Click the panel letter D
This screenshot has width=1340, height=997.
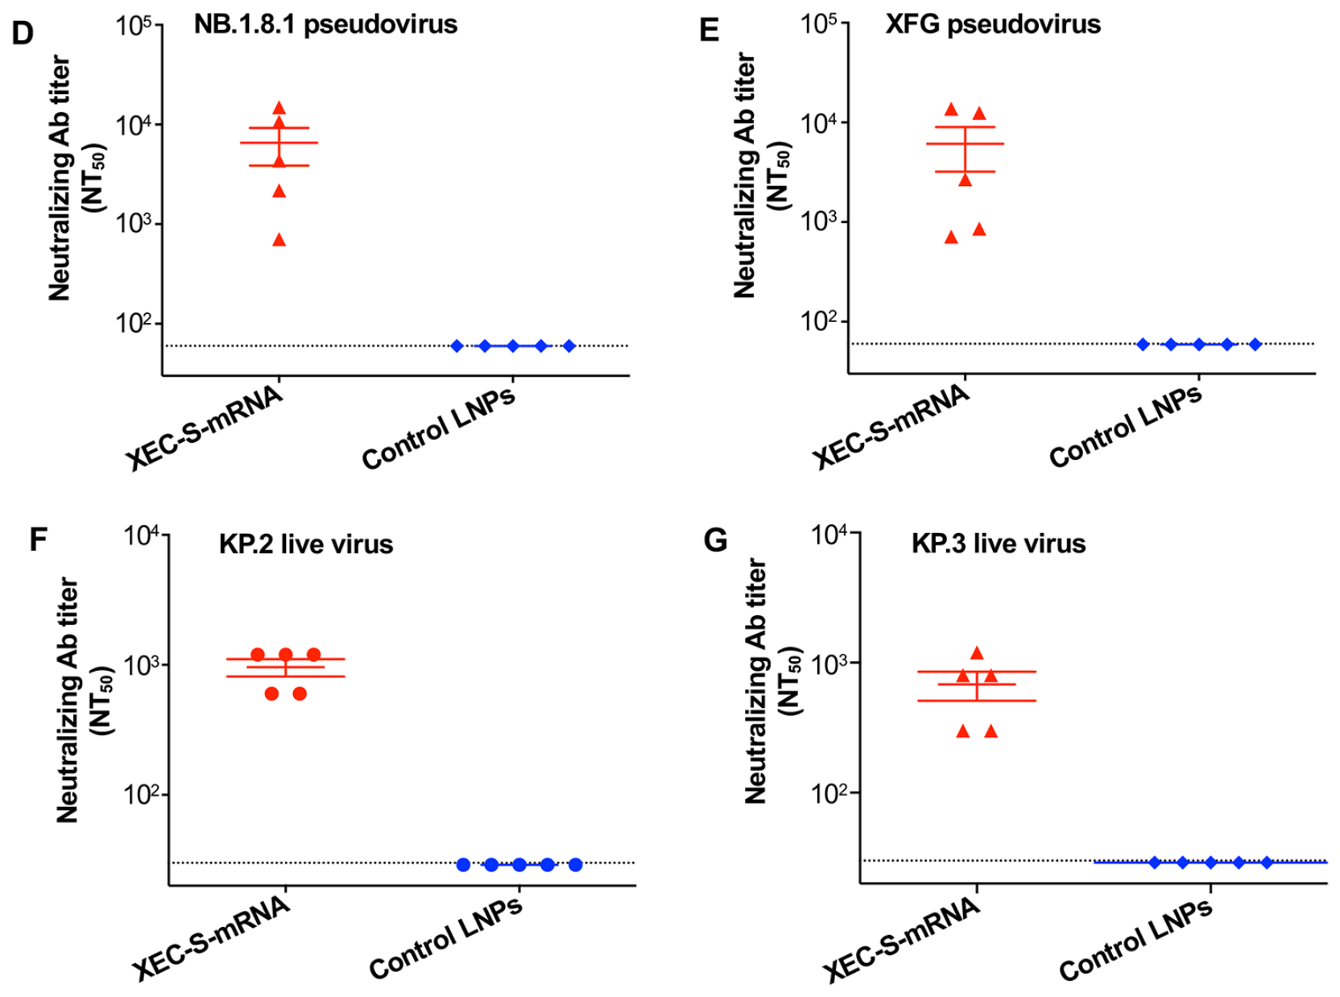click(x=23, y=33)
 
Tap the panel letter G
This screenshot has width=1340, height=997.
click(x=715, y=540)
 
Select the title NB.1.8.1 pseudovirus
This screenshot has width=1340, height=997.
click(x=325, y=25)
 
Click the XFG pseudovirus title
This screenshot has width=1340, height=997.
click(x=993, y=25)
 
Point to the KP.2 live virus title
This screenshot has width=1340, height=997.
click(x=306, y=544)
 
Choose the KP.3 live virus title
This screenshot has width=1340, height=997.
click(x=998, y=544)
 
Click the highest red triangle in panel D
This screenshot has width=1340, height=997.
click(x=279, y=108)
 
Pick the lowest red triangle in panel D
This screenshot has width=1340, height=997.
click(x=279, y=240)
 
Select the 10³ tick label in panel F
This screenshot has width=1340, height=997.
click(x=142, y=664)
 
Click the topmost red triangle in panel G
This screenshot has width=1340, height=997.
click(x=977, y=652)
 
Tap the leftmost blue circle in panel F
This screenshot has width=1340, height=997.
click(x=463, y=865)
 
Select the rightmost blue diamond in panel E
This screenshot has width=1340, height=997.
click(x=1255, y=345)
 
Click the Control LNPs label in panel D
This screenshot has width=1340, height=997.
click(x=438, y=428)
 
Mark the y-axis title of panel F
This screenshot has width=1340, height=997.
click(x=84, y=700)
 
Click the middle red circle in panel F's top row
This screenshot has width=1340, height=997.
click(x=286, y=655)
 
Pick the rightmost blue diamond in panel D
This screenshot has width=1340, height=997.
click(x=569, y=346)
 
